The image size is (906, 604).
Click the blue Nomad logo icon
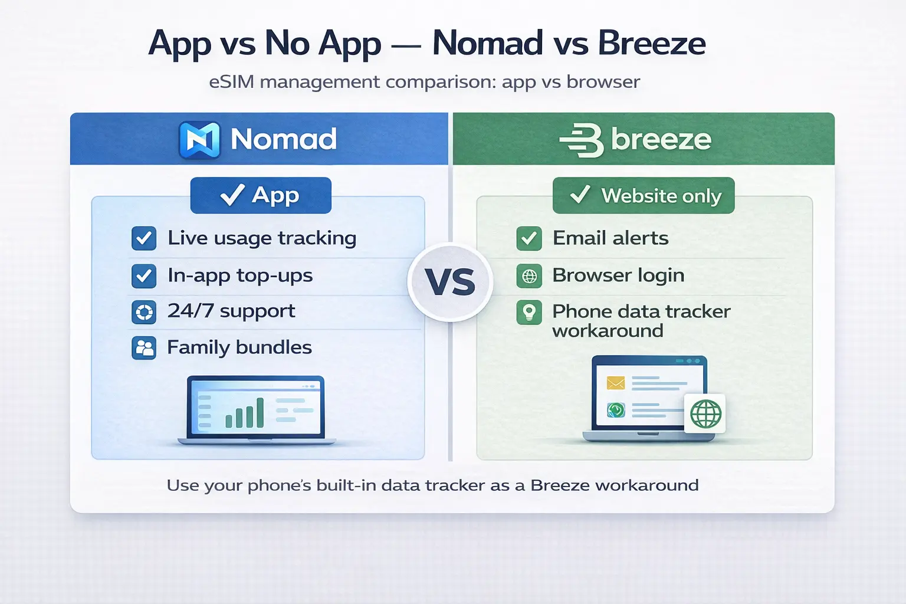coord(199,140)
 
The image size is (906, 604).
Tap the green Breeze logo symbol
coord(582,140)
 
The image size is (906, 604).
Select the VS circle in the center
coord(450,282)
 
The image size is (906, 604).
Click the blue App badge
coord(261,195)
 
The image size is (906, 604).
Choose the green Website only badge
coord(644,195)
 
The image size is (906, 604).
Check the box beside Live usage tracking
coord(144,238)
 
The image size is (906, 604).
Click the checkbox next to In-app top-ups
coord(144,275)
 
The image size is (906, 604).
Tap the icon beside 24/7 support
coord(144,312)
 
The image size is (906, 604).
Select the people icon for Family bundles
coord(144,348)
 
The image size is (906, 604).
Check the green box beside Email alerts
coord(529,238)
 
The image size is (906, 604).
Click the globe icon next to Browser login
coord(529,275)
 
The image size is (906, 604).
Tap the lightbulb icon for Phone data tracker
coord(529,312)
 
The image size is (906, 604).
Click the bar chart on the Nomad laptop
coord(244,413)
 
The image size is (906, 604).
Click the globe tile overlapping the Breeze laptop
coord(705,413)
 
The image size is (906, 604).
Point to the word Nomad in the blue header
coord(283,140)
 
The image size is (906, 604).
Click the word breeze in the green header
coord(661,140)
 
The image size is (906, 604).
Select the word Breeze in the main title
coord(651,44)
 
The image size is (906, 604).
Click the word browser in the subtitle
coord(603,81)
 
